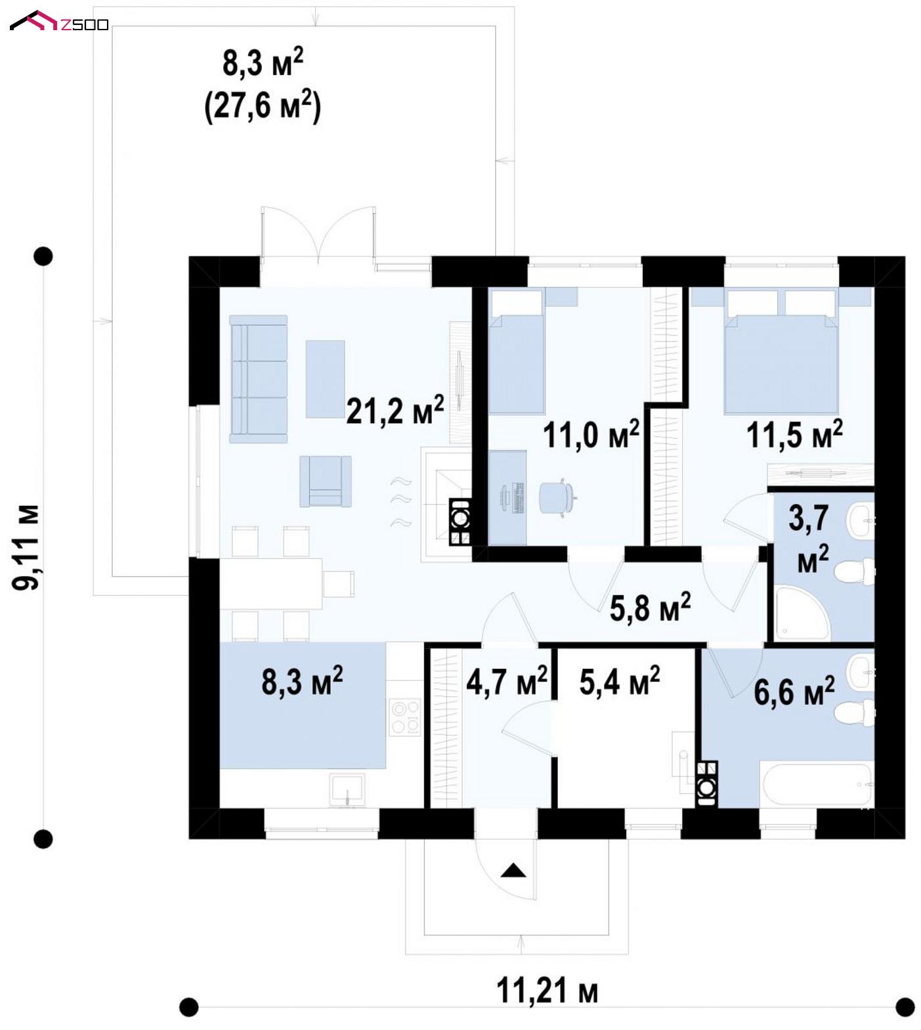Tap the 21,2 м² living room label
[x=395, y=410]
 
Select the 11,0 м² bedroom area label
[x=591, y=434]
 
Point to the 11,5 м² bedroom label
[x=794, y=434]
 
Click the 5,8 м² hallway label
[x=650, y=608]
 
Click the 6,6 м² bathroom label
[x=794, y=691]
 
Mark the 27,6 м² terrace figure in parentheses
[x=263, y=105]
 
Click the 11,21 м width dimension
[x=547, y=991]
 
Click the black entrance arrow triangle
[x=513, y=871]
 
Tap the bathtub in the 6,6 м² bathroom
[x=816, y=784]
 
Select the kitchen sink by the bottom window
[x=347, y=789]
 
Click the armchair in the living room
[x=325, y=481]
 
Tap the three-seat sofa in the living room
[x=258, y=378]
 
